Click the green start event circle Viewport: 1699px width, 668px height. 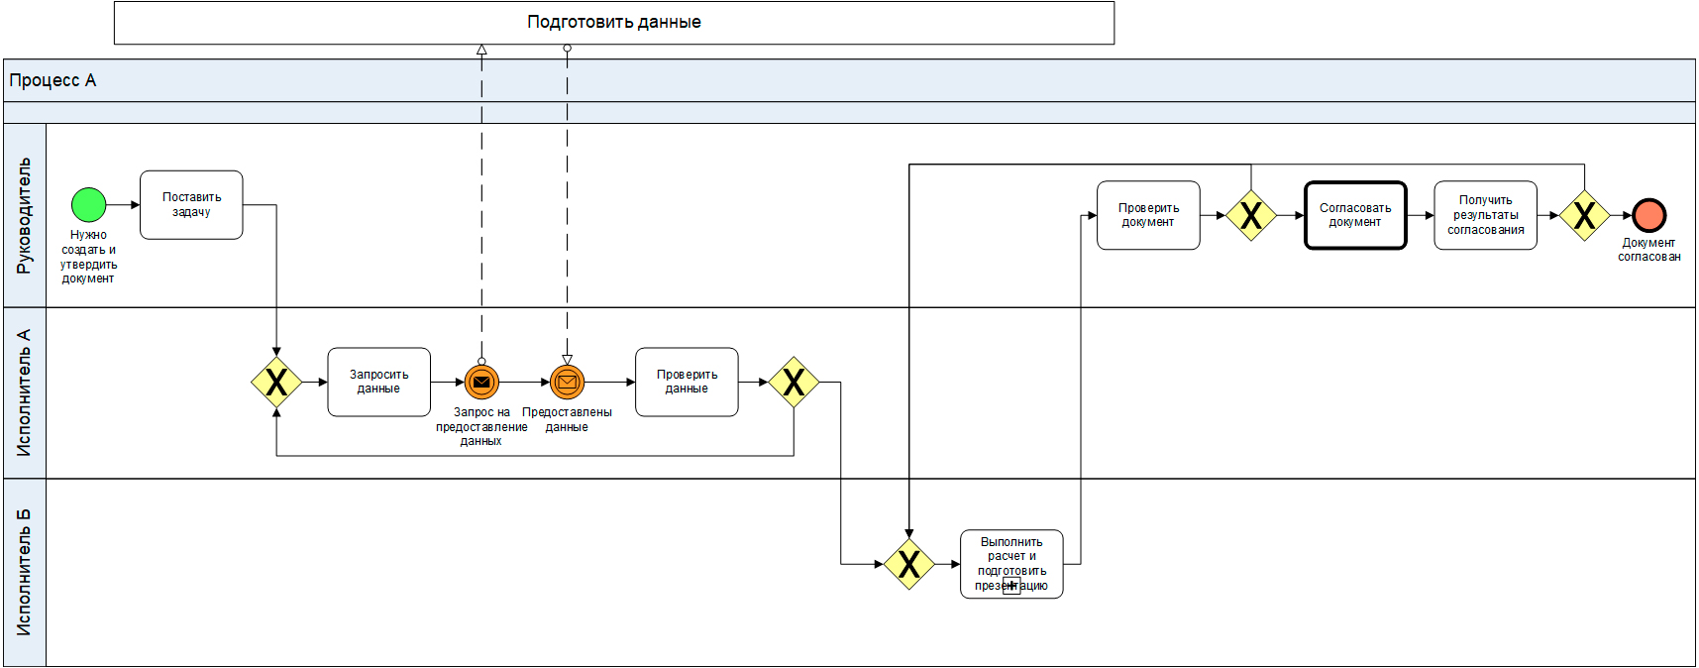(x=89, y=205)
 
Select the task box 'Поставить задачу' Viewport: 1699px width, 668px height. (x=191, y=205)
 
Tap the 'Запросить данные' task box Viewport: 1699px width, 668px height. (x=378, y=382)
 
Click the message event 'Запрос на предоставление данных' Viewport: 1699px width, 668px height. (x=481, y=382)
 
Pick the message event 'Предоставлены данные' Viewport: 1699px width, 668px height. (x=567, y=382)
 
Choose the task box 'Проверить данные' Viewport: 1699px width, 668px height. (x=687, y=382)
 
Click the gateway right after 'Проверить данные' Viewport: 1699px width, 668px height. (x=794, y=382)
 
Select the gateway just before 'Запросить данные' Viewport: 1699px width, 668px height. (x=276, y=382)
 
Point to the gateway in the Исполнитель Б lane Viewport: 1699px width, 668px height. (x=908, y=564)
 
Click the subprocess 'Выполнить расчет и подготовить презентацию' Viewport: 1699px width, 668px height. (x=1011, y=564)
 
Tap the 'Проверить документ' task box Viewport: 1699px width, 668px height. (x=1148, y=215)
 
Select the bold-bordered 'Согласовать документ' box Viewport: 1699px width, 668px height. (x=1355, y=215)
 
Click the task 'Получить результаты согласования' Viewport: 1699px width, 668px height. (x=1485, y=215)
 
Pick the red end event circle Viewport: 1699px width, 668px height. (x=1648, y=215)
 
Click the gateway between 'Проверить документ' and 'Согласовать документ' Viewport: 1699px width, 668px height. (x=1251, y=215)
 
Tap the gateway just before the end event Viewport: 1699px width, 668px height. (x=1584, y=215)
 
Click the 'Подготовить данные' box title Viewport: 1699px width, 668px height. (x=614, y=22)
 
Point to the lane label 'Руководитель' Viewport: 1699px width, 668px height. (x=25, y=215)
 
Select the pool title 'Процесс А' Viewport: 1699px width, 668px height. (x=53, y=80)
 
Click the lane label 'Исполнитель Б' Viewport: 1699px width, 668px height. (x=25, y=572)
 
